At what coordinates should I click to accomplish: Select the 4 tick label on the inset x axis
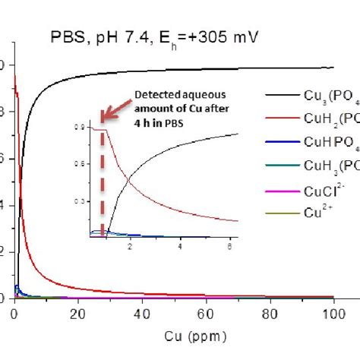(x=180, y=248)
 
